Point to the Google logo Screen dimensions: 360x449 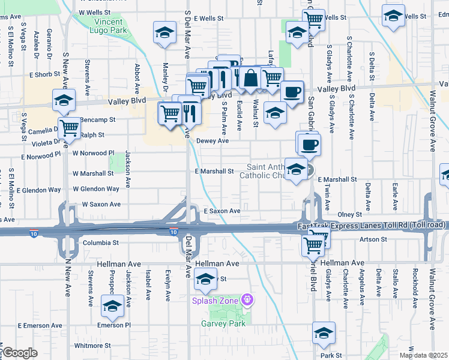coord(19,353)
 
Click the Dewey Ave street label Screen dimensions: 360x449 coord(213,141)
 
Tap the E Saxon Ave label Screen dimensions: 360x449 coord(222,211)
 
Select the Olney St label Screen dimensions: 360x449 coord(350,214)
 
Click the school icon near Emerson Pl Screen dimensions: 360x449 coord(112,306)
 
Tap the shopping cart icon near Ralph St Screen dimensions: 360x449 coord(70,128)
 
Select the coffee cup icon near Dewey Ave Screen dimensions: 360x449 coord(310,145)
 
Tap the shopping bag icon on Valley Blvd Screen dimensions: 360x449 coord(252,77)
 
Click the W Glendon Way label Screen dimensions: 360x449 coord(96,189)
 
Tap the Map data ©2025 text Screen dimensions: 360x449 coord(423,355)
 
